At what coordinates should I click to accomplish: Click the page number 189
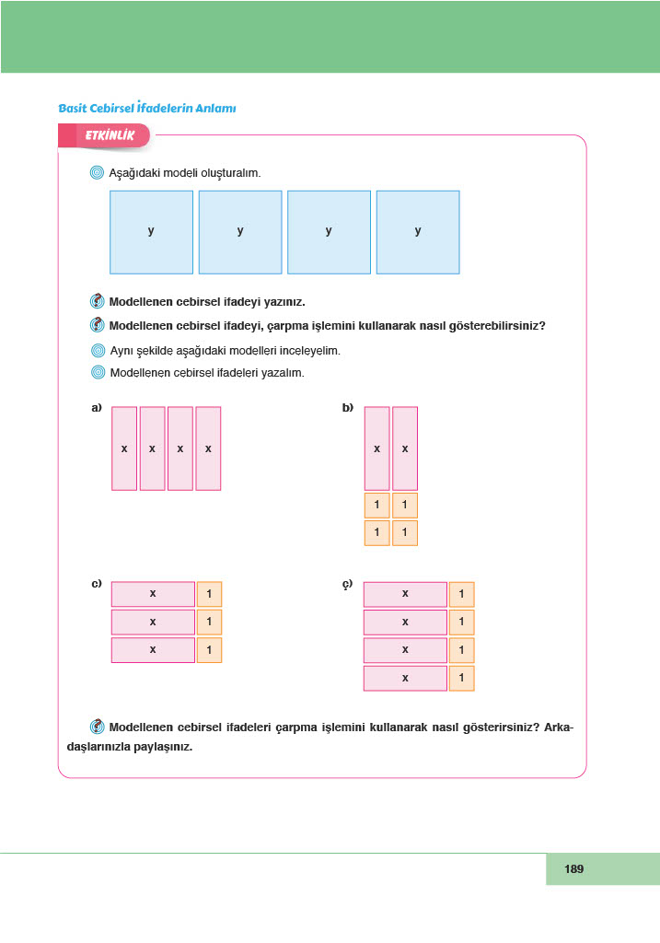point(574,868)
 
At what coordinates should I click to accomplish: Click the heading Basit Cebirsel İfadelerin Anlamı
point(147,109)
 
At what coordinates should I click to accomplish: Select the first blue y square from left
point(151,232)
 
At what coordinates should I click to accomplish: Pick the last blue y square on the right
point(418,232)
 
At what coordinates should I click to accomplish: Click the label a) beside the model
point(96,408)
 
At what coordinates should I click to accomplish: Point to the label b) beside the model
point(348,408)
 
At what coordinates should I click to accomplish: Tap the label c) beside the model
point(96,584)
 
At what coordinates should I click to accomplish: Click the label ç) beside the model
point(348,584)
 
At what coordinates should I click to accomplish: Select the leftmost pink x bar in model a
point(124,448)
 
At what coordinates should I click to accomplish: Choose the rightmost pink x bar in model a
point(209,448)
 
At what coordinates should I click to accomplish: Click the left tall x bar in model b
point(376,448)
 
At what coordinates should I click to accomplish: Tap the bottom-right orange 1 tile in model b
point(405,533)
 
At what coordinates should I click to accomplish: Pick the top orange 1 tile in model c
point(209,595)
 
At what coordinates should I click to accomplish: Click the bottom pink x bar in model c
point(153,650)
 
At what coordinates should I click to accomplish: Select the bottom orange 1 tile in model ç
point(461,679)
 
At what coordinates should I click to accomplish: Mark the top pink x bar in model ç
point(405,595)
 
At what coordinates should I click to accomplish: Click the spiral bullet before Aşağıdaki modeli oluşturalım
point(98,173)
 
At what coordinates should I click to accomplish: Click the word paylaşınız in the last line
point(161,747)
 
